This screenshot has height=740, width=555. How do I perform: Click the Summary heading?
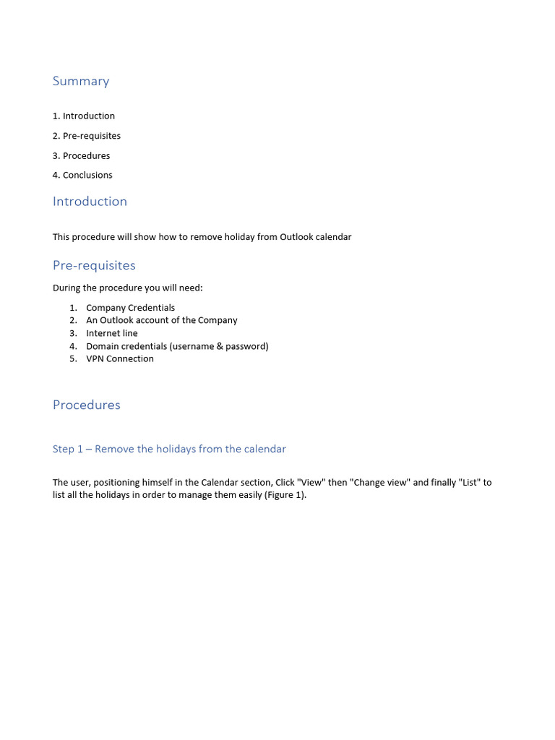81,81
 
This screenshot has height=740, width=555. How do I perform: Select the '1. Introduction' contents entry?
84,116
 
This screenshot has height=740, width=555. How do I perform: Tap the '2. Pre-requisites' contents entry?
87,136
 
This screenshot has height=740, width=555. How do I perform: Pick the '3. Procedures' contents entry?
82,155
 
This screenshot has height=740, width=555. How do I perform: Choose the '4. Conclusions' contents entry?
82,175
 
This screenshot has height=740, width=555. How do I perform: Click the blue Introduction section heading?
90,202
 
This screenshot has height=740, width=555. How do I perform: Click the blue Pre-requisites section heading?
94,265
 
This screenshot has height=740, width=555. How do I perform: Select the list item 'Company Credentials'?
130,308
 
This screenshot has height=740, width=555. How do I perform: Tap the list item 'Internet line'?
111,333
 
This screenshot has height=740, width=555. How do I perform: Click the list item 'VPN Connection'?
119,359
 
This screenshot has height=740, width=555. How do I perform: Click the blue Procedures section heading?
87,405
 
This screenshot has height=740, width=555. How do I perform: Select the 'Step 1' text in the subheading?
68,449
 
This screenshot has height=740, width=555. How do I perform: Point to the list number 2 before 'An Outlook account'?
73,320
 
